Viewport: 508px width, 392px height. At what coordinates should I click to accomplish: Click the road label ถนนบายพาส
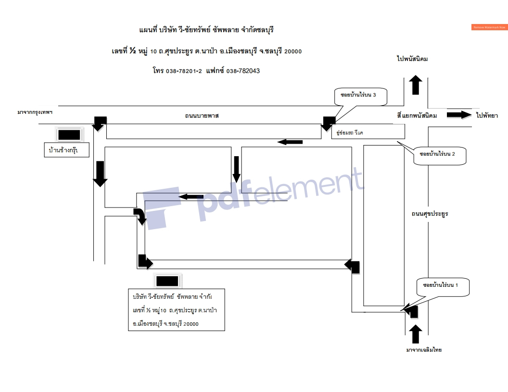click(x=202, y=116)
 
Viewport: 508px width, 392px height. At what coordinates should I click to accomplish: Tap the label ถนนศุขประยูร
click(x=430, y=213)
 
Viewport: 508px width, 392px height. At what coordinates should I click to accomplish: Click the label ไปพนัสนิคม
click(x=412, y=59)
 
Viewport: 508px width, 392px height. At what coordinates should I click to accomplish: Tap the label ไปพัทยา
click(x=486, y=115)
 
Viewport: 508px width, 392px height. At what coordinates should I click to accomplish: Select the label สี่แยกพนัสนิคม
click(x=417, y=116)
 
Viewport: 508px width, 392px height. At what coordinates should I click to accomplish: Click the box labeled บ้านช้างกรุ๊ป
click(x=67, y=151)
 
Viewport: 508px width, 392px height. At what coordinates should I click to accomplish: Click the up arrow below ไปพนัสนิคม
click(x=416, y=85)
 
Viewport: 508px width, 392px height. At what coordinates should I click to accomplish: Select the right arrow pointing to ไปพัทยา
click(x=459, y=115)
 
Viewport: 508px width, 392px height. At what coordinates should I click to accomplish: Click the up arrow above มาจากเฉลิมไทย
click(x=416, y=334)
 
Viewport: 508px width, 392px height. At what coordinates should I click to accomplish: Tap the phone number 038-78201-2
click(x=184, y=71)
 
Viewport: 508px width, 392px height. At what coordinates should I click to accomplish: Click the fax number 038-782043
click(x=243, y=71)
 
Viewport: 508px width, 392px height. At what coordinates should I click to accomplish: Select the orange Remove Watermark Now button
click(x=489, y=27)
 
